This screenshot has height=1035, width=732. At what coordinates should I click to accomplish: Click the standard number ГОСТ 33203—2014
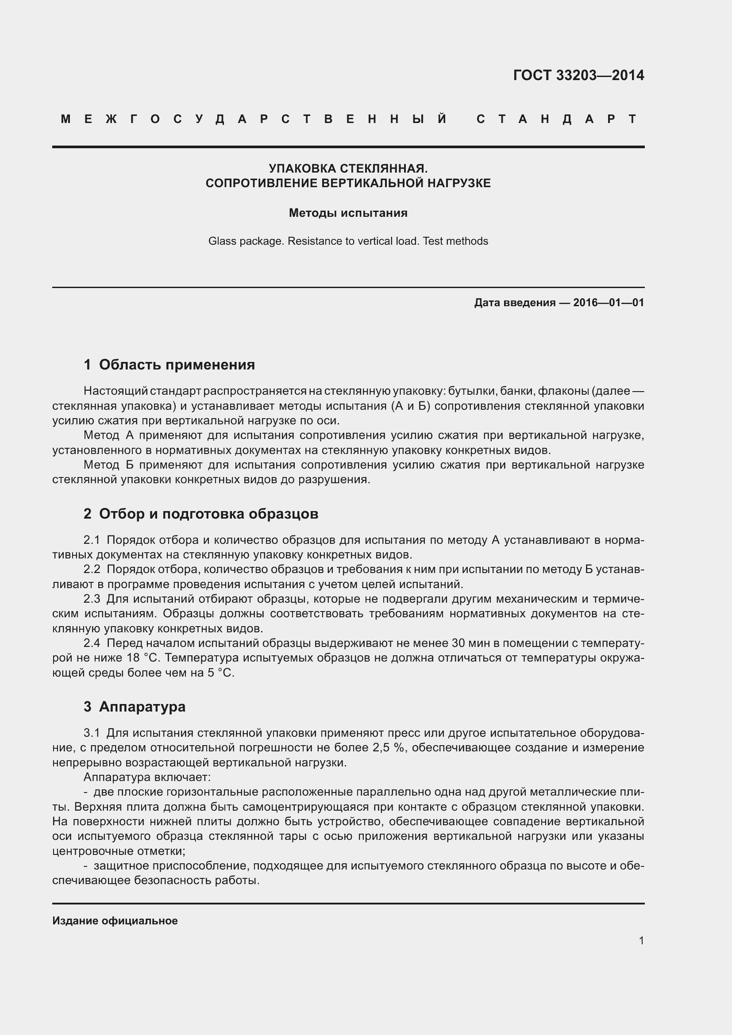tap(578, 75)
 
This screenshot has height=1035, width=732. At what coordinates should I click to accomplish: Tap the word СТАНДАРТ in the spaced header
tap(557, 119)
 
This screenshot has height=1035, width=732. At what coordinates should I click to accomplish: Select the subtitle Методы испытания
tap(348, 213)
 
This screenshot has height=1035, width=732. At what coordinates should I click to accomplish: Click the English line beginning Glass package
tap(348, 241)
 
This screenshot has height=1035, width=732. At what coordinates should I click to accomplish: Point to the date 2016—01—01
tap(609, 303)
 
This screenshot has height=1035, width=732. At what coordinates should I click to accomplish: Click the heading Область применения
tap(177, 364)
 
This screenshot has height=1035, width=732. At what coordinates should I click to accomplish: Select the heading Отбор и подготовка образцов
tap(208, 513)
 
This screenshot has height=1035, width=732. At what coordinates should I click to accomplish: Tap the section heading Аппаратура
tap(142, 706)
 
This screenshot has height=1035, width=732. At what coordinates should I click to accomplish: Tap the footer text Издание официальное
tap(115, 921)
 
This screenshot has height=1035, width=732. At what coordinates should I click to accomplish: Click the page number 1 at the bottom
tap(641, 940)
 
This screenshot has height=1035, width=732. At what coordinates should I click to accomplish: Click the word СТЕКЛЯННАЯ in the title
tap(383, 169)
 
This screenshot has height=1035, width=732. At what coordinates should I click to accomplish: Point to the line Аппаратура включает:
tap(147, 777)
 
